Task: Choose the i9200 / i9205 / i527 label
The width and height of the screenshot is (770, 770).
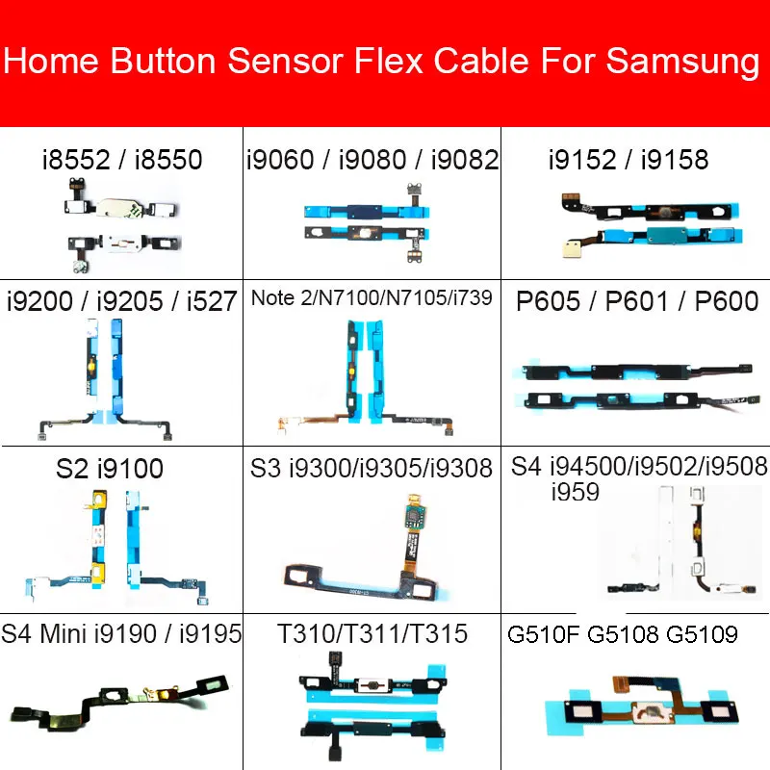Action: (x=121, y=301)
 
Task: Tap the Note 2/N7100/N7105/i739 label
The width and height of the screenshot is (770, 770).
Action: (x=372, y=299)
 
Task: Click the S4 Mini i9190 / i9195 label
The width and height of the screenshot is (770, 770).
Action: (x=121, y=634)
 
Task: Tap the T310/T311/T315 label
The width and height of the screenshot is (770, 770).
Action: (x=372, y=634)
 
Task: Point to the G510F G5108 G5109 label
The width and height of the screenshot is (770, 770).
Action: (x=622, y=634)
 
